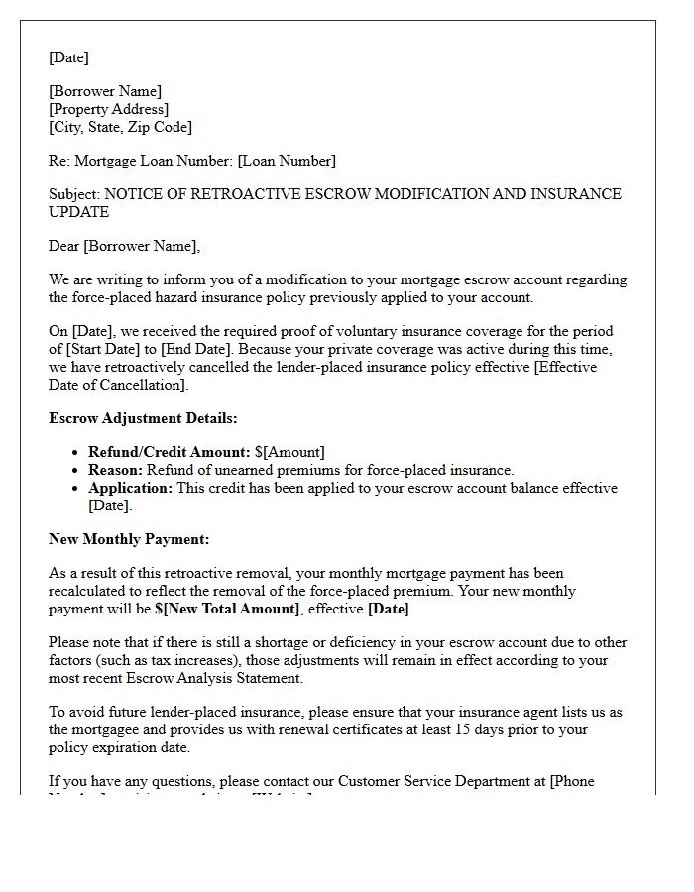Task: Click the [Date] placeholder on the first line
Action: pyautogui.click(x=68, y=57)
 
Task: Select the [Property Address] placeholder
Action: pyautogui.click(x=109, y=109)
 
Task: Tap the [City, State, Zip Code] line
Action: pyautogui.click(x=121, y=127)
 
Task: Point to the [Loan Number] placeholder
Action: pyautogui.click(x=287, y=161)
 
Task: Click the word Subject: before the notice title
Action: pyautogui.click(x=74, y=194)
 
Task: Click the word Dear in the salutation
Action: pyautogui.click(x=64, y=246)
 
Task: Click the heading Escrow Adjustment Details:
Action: pyautogui.click(x=143, y=418)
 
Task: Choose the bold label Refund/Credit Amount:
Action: pyautogui.click(x=169, y=452)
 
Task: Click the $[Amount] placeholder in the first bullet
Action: pyautogui.click(x=289, y=452)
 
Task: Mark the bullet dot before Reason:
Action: pyautogui.click(x=77, y=471)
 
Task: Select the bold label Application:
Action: pyautogui.click(x=130, y=488)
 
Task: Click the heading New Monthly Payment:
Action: pyautogui.click(x=129, y=539)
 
